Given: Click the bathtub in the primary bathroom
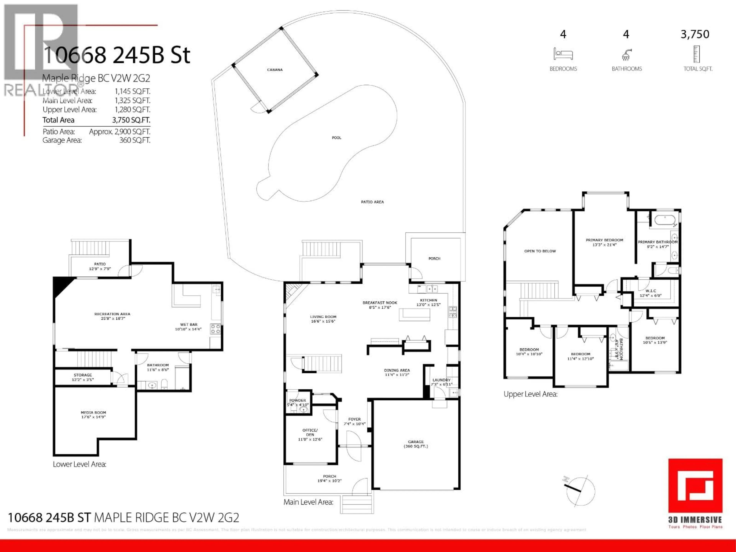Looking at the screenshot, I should pos(665,220).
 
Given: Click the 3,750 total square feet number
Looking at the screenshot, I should pos(695,34).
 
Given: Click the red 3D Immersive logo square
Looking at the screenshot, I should pos(695,486).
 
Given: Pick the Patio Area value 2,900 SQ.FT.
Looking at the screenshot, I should pos(119,132).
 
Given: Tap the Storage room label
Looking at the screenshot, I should pos(83,377).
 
